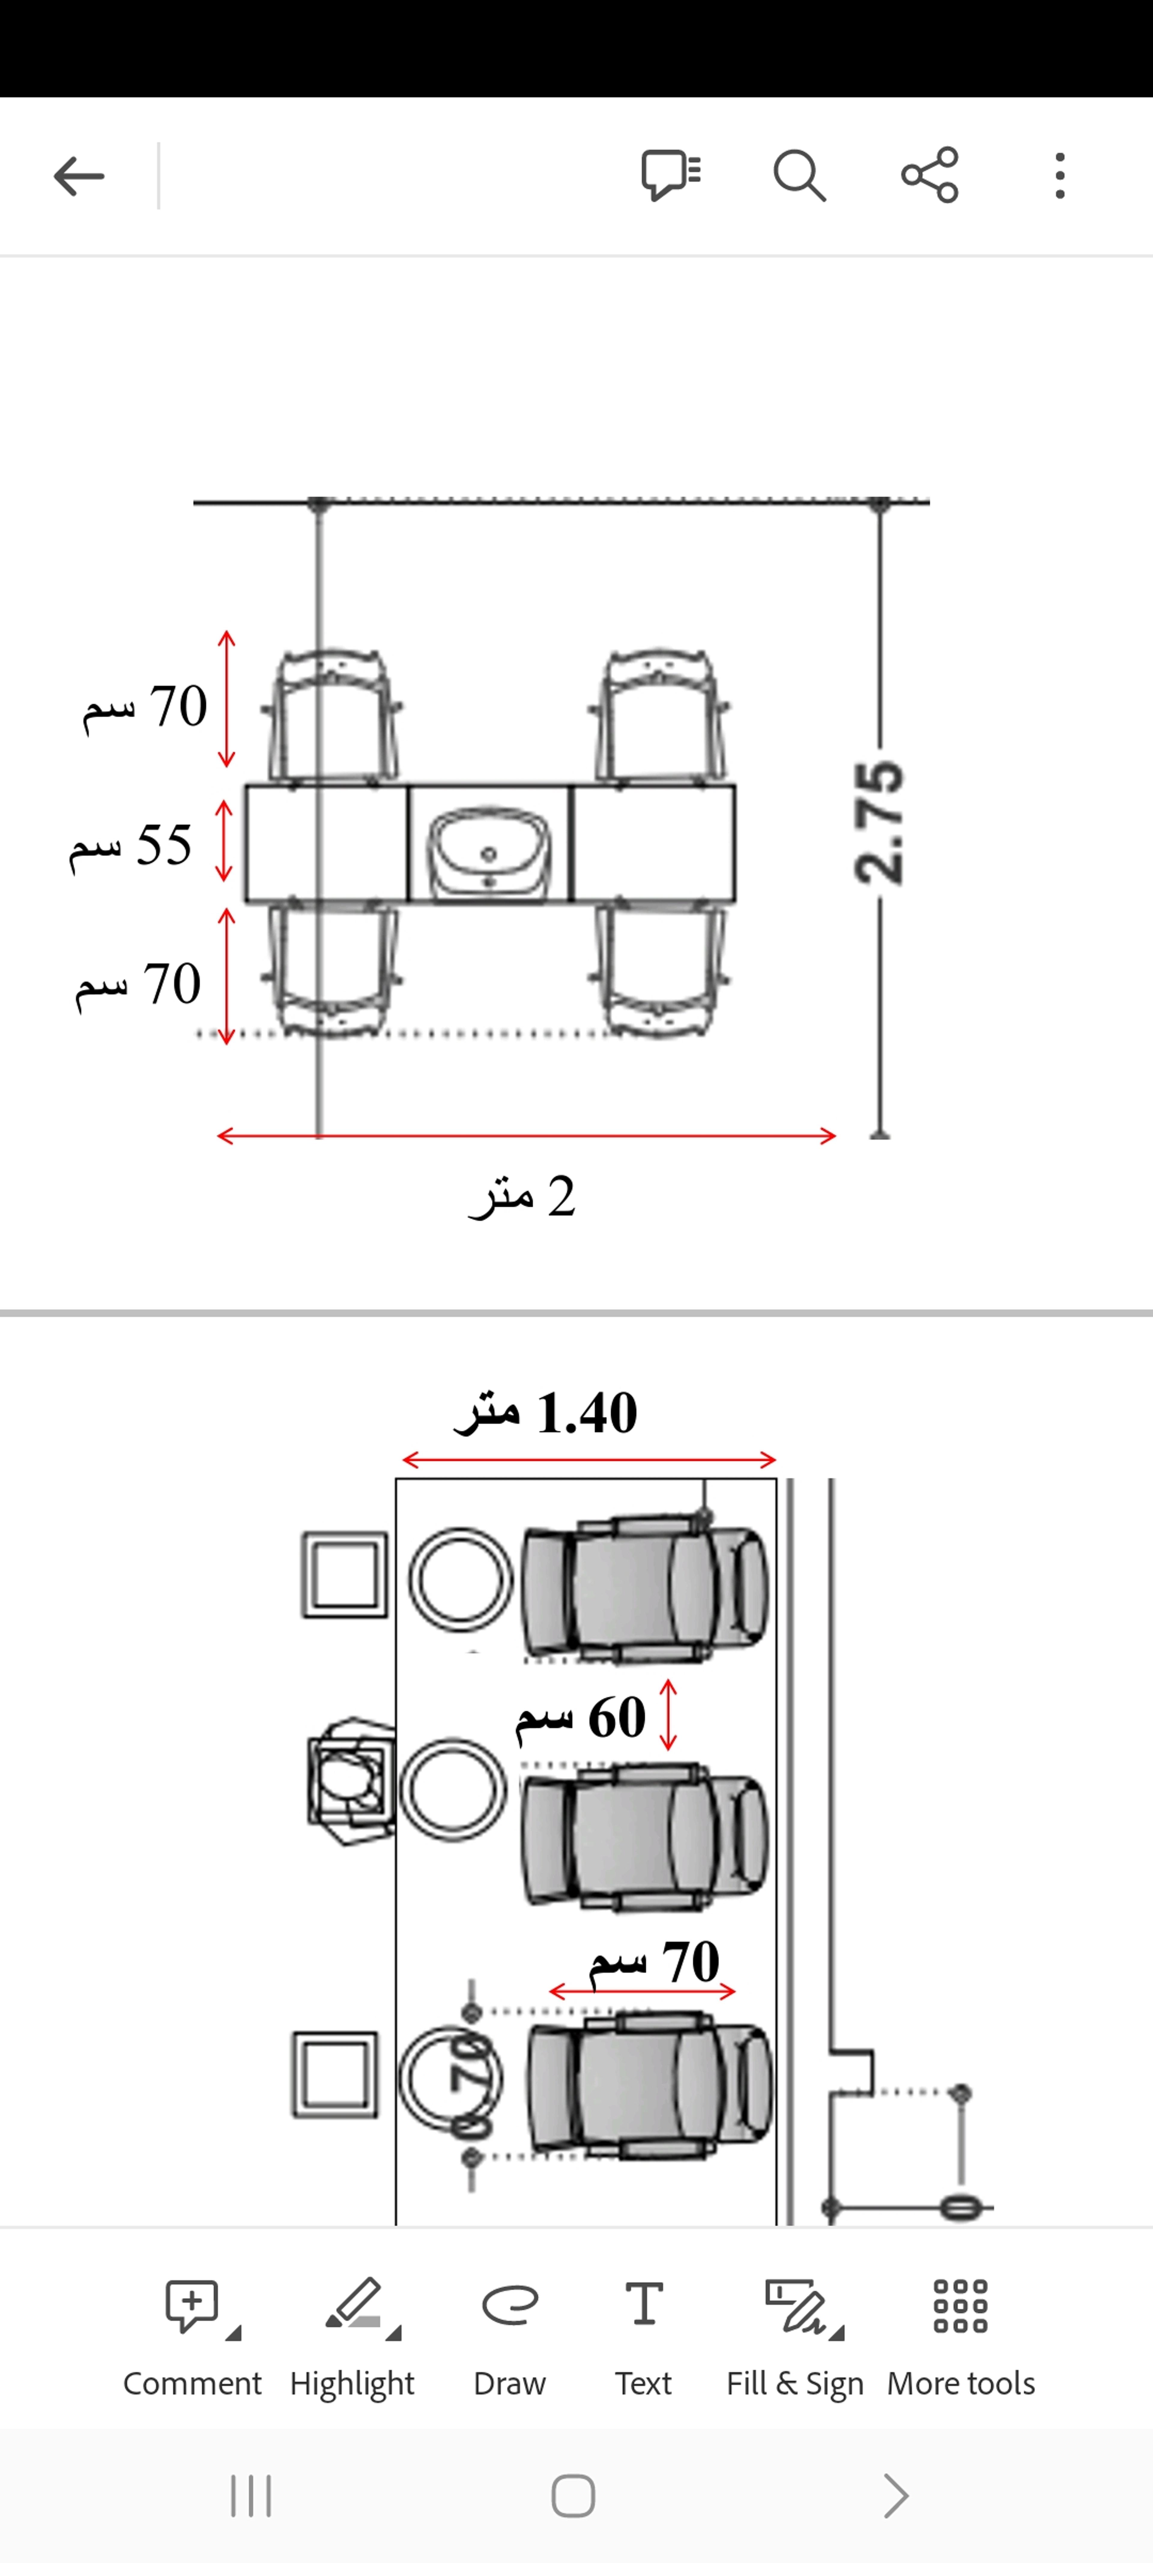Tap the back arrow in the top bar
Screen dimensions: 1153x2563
coord(79,176)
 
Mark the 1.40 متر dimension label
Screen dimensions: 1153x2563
coord(545,1413)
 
